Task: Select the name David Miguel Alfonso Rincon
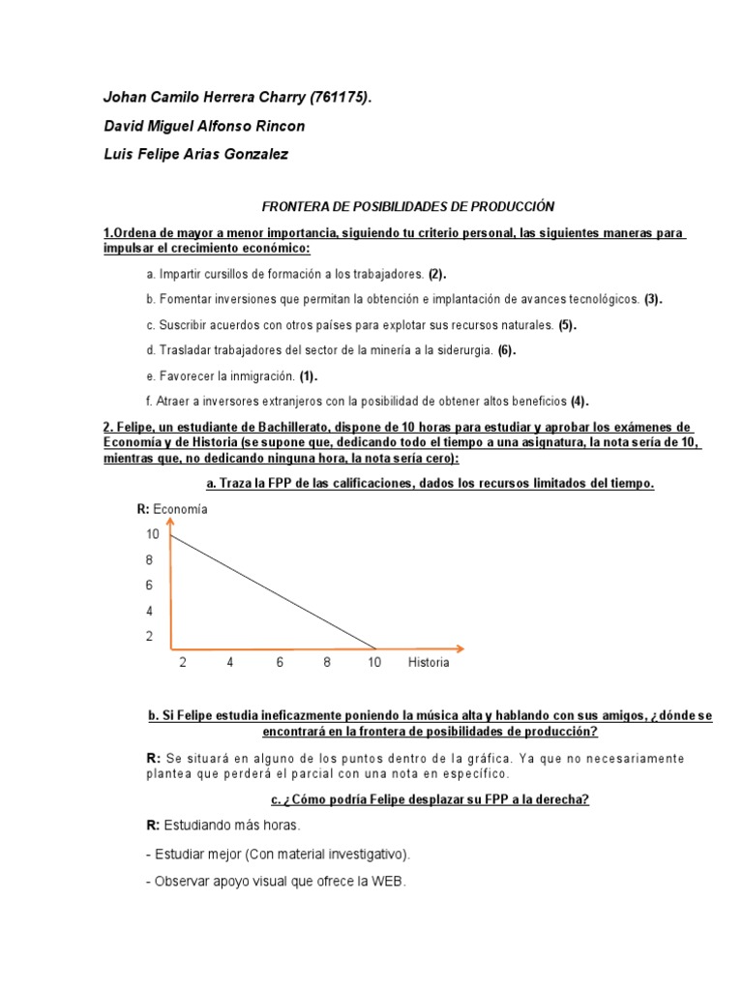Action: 203,127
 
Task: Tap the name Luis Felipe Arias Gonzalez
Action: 195,155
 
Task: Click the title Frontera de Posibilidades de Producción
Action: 409,206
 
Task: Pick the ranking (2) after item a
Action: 438,274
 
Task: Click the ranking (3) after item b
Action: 654,299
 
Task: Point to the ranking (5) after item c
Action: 567,325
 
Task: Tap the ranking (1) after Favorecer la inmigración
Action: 309,375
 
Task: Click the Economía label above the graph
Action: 180,509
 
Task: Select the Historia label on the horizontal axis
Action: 429,664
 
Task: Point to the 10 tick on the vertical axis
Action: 153,534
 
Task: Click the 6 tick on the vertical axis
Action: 149,586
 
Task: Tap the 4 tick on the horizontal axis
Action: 230,664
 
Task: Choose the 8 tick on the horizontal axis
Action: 327,664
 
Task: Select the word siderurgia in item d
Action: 461,350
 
